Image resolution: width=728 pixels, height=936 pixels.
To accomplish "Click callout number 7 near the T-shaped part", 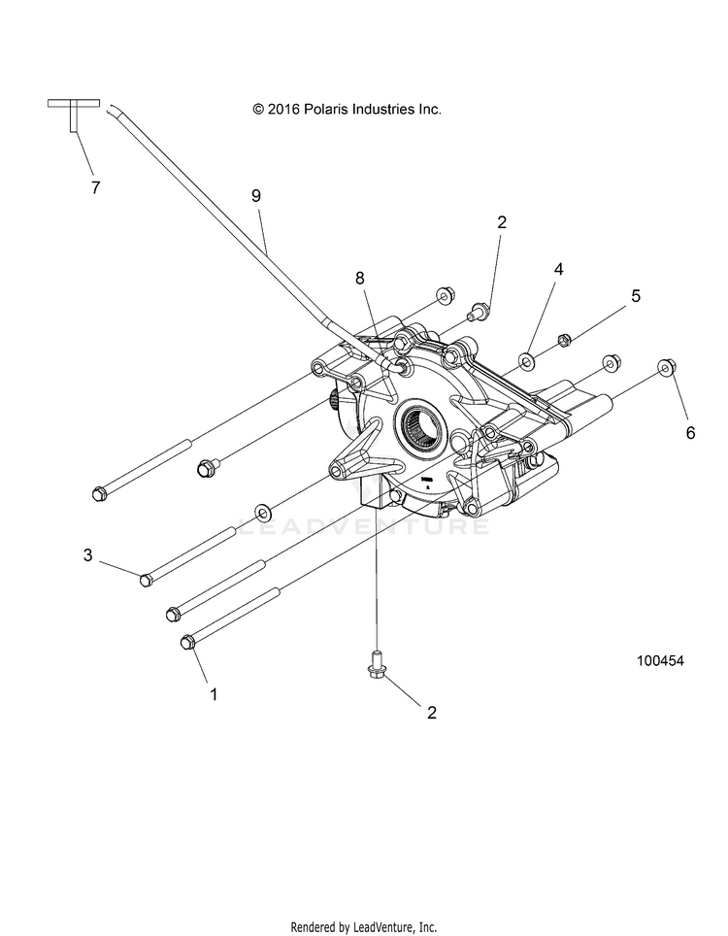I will click(95, 188).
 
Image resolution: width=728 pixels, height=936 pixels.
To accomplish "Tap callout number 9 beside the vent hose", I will click(256, 195).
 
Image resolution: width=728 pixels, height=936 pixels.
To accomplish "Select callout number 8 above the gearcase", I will click(360, 278).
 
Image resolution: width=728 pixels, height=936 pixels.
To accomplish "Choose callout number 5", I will click(636, 295).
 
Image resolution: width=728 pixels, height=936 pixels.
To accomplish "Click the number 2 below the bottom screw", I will click(432, 712).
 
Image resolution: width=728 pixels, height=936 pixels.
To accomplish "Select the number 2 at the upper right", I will click(502, 222).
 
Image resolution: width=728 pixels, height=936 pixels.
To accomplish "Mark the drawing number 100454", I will click(660, 660).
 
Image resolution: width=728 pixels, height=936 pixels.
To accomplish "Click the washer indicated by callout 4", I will click(526, 362).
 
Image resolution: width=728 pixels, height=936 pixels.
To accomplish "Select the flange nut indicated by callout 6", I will click(666, 366).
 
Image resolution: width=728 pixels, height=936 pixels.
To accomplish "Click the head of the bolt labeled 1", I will click(187, 641).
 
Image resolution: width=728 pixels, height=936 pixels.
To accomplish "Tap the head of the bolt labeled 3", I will click(146, 580).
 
